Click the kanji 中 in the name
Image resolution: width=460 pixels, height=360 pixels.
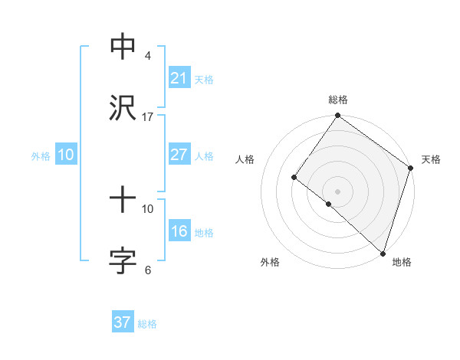pos(123,47)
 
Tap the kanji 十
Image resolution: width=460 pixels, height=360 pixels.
pos(123,201)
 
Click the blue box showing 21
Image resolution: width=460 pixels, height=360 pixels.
pos(179,78)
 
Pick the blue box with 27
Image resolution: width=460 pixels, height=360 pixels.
pos(179,155)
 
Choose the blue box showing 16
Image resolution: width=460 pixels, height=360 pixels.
pos(179,232)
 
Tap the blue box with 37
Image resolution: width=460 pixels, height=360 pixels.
pos(123,322)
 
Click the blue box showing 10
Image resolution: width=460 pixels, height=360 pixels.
pos(66,155)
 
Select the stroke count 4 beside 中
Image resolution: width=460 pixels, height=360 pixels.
pos(148,55)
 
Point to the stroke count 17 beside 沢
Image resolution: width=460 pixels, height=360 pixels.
pos(148,117)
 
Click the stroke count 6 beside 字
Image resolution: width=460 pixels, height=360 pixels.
pos(148,270)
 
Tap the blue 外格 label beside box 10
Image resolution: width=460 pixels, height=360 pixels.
pos(41,155)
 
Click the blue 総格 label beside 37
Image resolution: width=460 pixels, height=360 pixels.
pos(147,324)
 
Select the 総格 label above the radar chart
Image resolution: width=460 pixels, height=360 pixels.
pos(338,100)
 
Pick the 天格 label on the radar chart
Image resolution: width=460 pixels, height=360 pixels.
pos(431,159)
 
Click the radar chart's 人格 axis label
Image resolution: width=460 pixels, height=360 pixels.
pos(245,159)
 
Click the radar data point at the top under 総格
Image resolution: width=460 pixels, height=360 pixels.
pos(338,116)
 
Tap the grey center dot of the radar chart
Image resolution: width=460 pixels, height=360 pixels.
pos(338,191)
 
